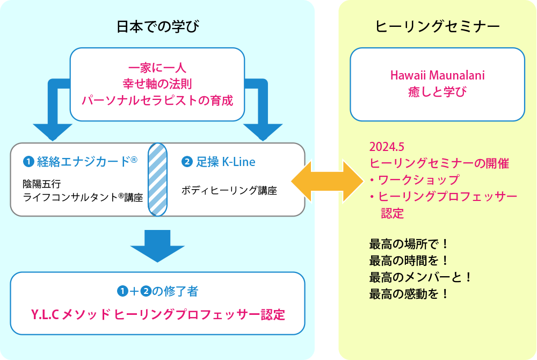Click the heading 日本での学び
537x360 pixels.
[158, 27]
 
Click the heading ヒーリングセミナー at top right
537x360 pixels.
[437, 27]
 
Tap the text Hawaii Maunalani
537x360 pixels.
[437, 75]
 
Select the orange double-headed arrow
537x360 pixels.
[328, 181]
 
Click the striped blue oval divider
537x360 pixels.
[157, 179]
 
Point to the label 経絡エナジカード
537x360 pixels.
[84, 162]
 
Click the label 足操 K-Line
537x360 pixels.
[226, 162]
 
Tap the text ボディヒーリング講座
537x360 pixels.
[229, 190]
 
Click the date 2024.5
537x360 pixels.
[387, 147]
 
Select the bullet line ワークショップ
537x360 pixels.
[415, 180]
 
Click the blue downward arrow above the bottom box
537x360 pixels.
[157, 246]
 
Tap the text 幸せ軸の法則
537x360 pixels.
[157, 84]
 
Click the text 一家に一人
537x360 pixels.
[157, 68]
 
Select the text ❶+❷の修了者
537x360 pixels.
[157, 292]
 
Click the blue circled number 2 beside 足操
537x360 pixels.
[187, 162]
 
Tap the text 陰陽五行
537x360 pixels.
[42, 184]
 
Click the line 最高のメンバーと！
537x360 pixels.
[420, 277]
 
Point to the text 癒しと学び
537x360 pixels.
[437, 92]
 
